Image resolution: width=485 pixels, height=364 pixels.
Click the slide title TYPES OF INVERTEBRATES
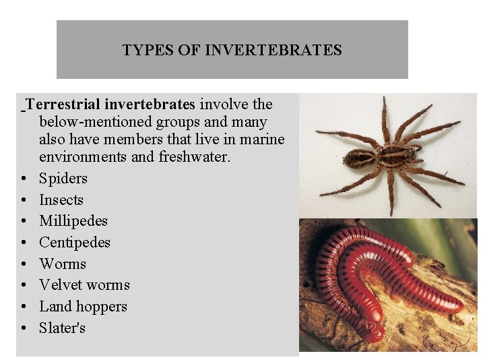[232, 51]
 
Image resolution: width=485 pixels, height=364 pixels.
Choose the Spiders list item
[63, 179]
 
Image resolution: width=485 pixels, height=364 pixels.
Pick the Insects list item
[61, 200]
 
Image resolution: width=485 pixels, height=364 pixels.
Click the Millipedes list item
[73, 221]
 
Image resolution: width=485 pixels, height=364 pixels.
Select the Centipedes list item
[75, 243]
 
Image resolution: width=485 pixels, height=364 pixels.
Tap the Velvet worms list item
[84, 285]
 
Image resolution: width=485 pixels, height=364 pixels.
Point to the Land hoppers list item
[83, 307]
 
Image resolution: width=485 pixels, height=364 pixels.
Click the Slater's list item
[63, 328]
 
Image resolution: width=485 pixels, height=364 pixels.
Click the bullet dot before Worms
[24, 264]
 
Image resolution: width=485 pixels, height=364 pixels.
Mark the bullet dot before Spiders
[24, 179]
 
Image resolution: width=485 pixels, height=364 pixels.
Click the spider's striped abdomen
[361, 158]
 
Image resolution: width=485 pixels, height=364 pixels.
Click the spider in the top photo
[391, 155]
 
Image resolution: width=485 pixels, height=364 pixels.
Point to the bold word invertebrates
[149, 104]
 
